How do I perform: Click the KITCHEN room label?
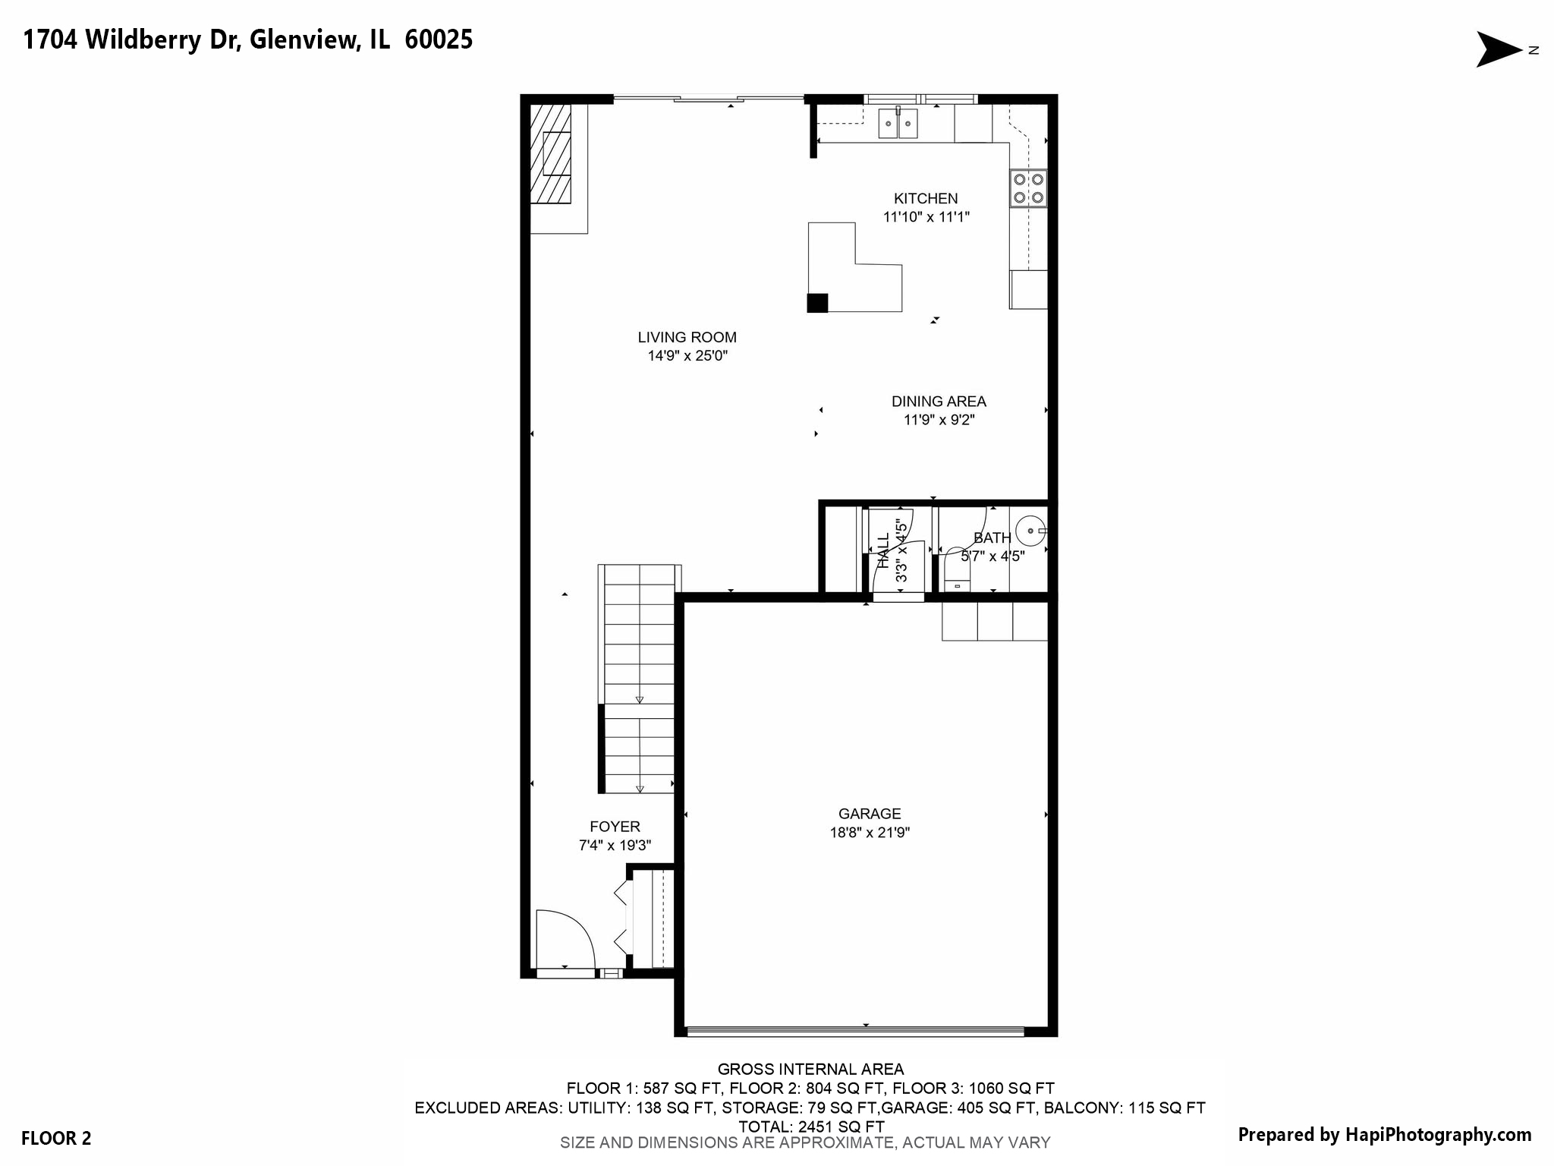tap(925, 199)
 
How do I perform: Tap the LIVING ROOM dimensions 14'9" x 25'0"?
tap(687, 356)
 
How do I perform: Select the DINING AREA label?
tap(939, 402)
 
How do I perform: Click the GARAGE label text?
tap(870, 814)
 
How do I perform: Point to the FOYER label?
tap(615, 827)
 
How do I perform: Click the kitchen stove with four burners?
tap(1028, 188)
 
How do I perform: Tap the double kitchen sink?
tap(898, 123)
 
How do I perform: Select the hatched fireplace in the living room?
tap(550, 154)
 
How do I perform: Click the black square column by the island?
tap(817, 303)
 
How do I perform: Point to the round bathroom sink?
tap(1030, 530)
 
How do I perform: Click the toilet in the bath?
tap(957, 575)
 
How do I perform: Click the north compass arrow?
tap(1498, 50)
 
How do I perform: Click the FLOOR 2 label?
tap(56, 1138)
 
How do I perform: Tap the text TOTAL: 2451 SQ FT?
tap(811, 1127)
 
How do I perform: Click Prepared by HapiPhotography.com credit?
tap(1384, 1135)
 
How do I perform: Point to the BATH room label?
tap(992, 538)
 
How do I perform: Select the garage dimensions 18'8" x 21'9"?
tap(870, 833)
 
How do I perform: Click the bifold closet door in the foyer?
tap(624, 918)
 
